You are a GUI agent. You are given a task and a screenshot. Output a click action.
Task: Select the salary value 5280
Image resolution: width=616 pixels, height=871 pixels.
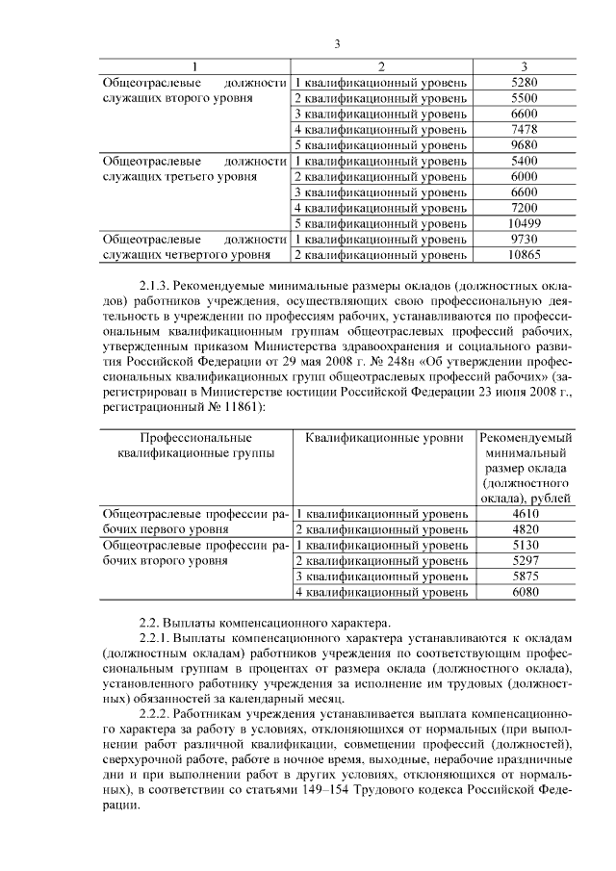524,83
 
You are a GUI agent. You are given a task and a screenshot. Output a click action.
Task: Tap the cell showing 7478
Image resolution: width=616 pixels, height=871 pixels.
524,129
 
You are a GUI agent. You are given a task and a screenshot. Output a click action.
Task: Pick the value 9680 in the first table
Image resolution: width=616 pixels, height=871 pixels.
524,144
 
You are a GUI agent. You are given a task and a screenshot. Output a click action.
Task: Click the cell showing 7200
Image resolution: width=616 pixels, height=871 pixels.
524,207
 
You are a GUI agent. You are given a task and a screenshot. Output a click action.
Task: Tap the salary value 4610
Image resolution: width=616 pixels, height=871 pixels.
524,514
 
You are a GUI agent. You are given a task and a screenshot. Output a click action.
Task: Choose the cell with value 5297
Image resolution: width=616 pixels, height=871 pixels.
524,560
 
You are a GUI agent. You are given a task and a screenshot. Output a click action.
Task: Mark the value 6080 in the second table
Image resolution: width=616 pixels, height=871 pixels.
524,592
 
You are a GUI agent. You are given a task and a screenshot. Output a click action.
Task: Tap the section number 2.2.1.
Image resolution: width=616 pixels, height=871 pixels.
158,637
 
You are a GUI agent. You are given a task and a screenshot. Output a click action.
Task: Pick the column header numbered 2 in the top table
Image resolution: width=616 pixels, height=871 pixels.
381,66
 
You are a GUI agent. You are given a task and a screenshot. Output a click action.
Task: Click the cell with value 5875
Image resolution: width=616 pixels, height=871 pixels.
524,576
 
